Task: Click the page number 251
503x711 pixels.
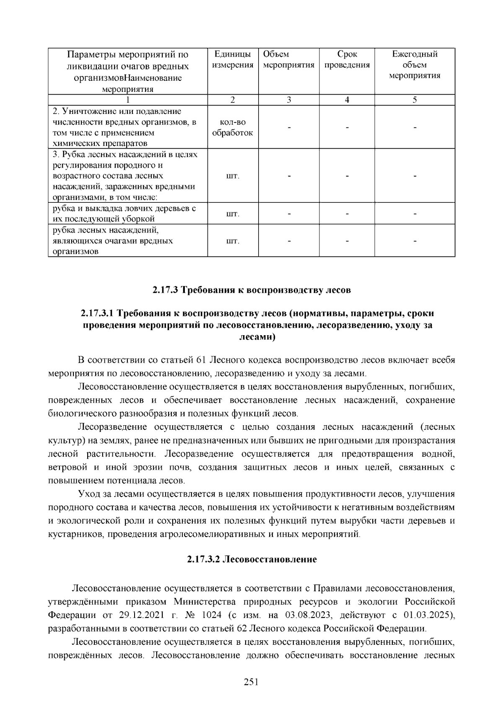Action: (251, 682)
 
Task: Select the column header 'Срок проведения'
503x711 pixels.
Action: (347, 59)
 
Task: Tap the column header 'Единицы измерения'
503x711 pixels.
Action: (233, 59)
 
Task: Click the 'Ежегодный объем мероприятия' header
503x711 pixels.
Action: (415, 65)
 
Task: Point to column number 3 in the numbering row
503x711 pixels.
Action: (288, 100)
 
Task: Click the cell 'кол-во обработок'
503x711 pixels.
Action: (233, 127)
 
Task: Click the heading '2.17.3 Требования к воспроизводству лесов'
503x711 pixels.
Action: (251, 290)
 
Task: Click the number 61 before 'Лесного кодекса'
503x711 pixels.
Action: (200, 360)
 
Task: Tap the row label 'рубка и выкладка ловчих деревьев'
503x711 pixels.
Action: (124, 208)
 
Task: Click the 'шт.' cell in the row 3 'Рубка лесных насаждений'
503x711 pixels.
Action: (233, 176)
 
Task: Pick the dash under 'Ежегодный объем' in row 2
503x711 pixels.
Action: (415, 127)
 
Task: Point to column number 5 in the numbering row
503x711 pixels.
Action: (415, 100)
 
